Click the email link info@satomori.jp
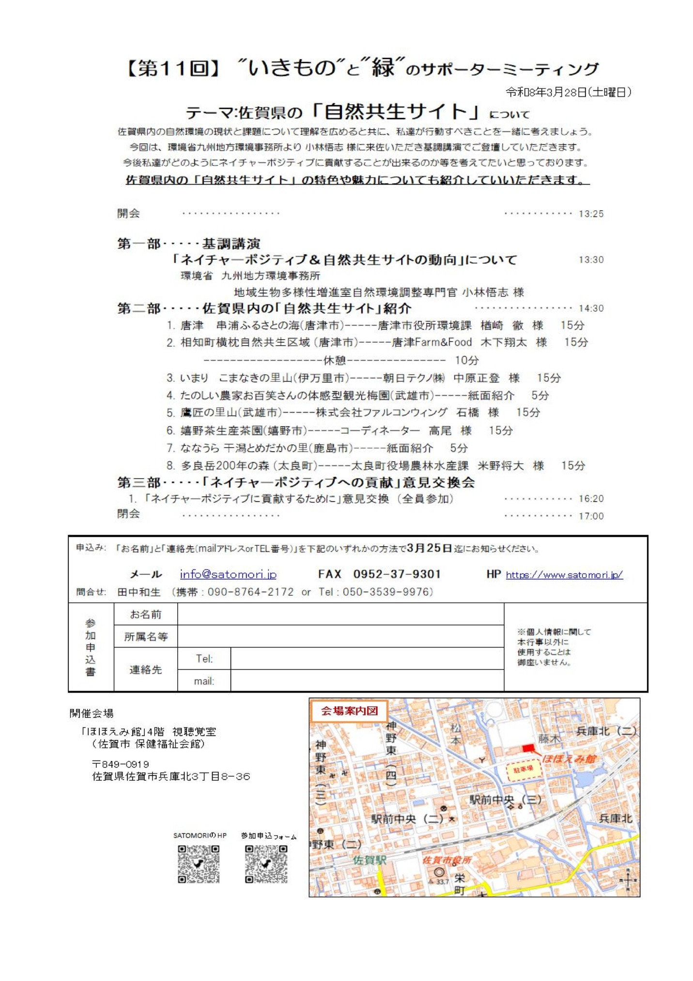[228, 574]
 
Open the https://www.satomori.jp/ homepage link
[564, 575]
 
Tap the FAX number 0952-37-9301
[397, 574]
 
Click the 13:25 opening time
[591, 214]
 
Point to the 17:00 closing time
[591, 516]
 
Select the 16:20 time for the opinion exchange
[591, 499]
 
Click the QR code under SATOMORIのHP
[198, 864]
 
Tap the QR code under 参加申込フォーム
[266, 864]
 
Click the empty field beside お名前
[340, 614]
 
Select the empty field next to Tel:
[367, 659]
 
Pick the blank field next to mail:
[367, 681]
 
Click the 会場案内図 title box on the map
[349, 711]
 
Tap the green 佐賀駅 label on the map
[370, 860]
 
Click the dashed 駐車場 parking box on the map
[523, 769]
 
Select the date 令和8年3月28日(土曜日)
[569, 92]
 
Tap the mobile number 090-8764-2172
[250, 592]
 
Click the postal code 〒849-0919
[121, 764]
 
